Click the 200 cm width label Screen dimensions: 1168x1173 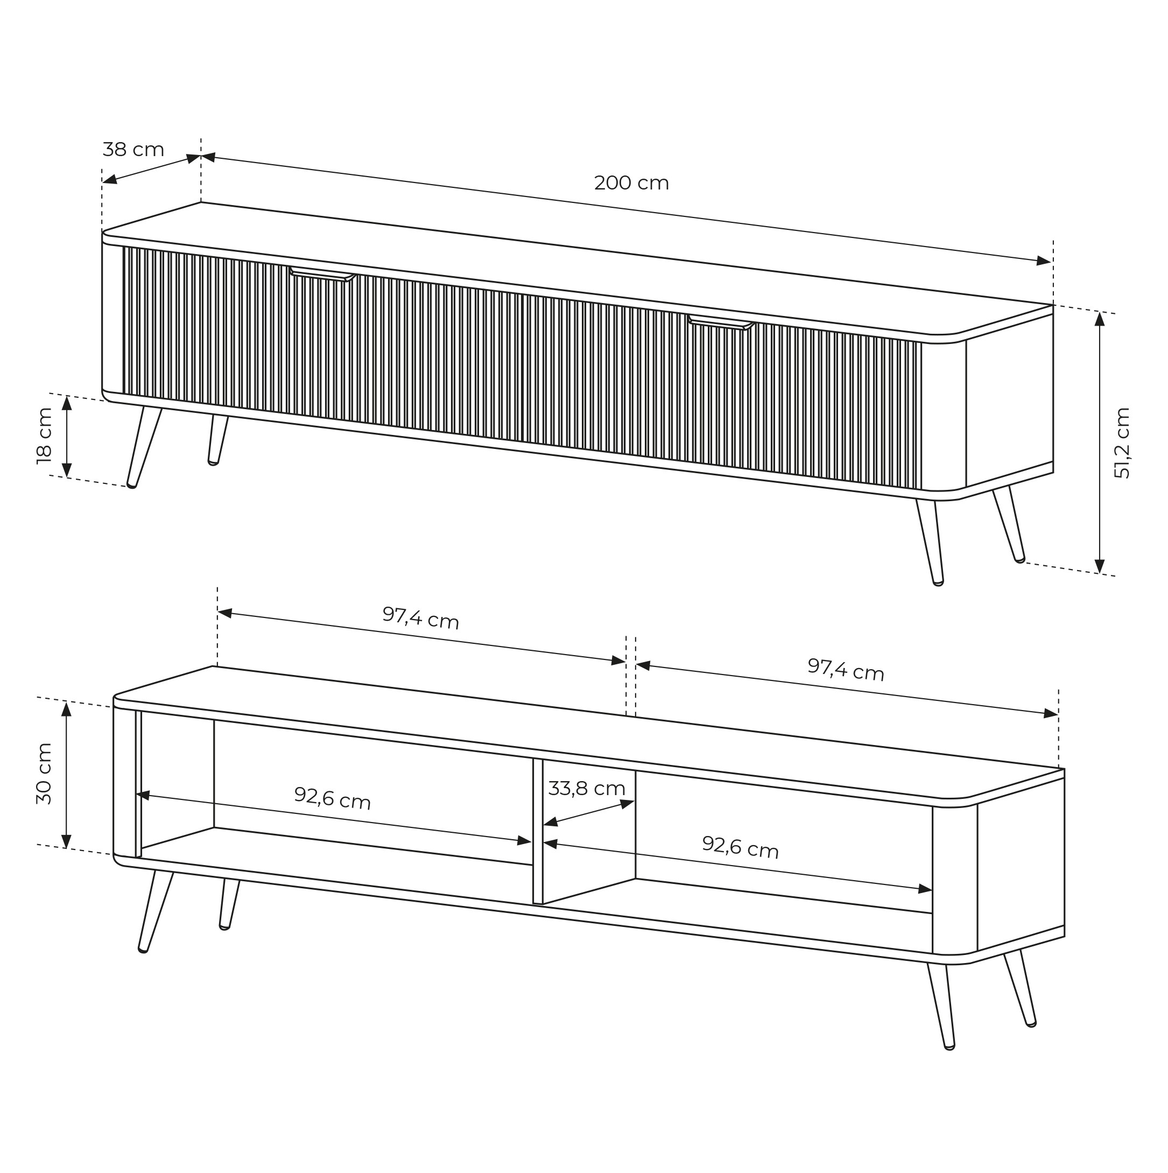631,182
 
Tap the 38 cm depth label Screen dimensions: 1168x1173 133,149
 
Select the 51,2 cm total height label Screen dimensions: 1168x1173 1122,443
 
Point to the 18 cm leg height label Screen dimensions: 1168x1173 44,436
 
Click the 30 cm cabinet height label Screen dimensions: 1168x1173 44,774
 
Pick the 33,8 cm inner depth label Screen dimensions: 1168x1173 587,789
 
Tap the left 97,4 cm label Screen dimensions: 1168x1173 421,617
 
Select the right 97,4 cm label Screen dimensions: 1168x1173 846,669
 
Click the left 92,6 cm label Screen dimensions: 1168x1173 332,798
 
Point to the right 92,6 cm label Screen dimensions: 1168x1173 740,847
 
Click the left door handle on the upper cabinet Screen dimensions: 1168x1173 322,275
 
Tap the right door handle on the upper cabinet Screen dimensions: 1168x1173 721,322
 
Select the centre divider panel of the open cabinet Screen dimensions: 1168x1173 537,831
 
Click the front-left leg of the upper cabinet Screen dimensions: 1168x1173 144,447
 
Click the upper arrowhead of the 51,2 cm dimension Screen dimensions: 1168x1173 1100,319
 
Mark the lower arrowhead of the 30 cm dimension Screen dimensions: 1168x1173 67,841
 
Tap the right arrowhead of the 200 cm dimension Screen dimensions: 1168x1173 1044,261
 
